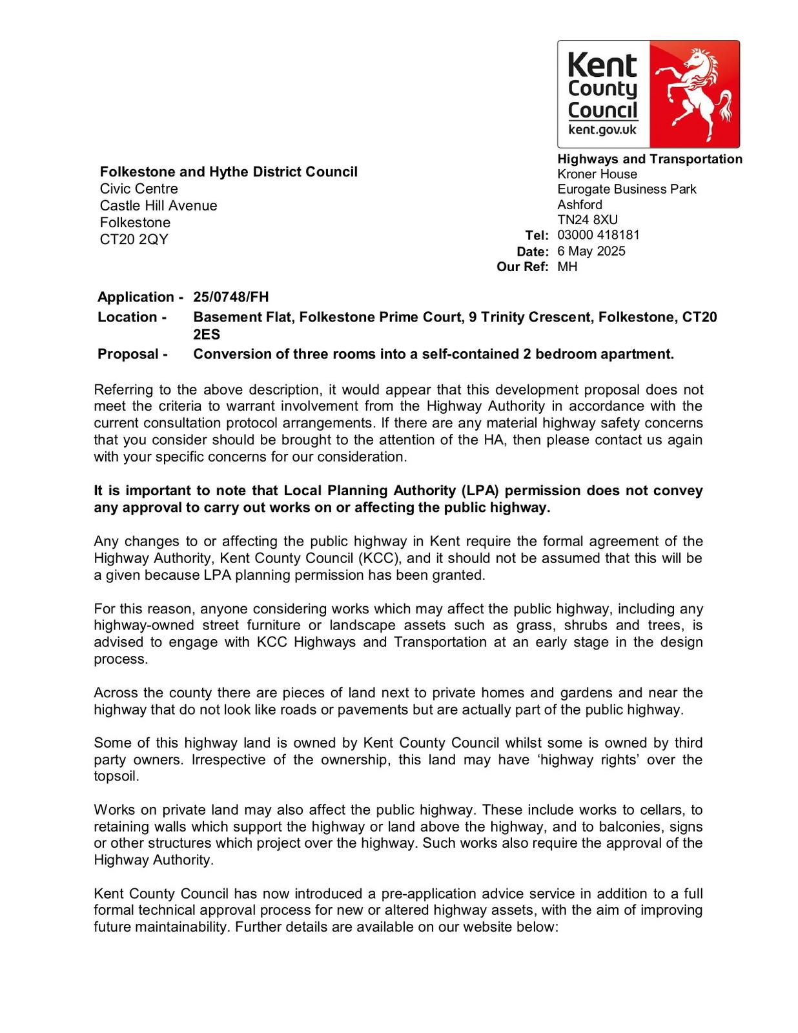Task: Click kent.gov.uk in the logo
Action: pos(602,130)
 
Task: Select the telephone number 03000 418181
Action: pos(598,235)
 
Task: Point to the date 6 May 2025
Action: pos(591,251)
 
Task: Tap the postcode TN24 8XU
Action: pos(588,220)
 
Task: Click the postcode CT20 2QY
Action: pos(134,240)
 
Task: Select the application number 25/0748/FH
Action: pos(231,297)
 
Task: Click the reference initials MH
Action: pos(568,267)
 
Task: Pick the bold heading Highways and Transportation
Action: pos(650,159)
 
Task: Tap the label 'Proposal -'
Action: pos(132,354)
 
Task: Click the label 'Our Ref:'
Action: pos(522,267)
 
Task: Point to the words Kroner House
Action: pos(597,174)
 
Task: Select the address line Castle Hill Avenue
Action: pos(158,206)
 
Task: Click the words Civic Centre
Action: pos(139,189)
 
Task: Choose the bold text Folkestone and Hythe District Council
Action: pos(229,172)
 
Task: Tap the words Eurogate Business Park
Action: pos(627,189)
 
